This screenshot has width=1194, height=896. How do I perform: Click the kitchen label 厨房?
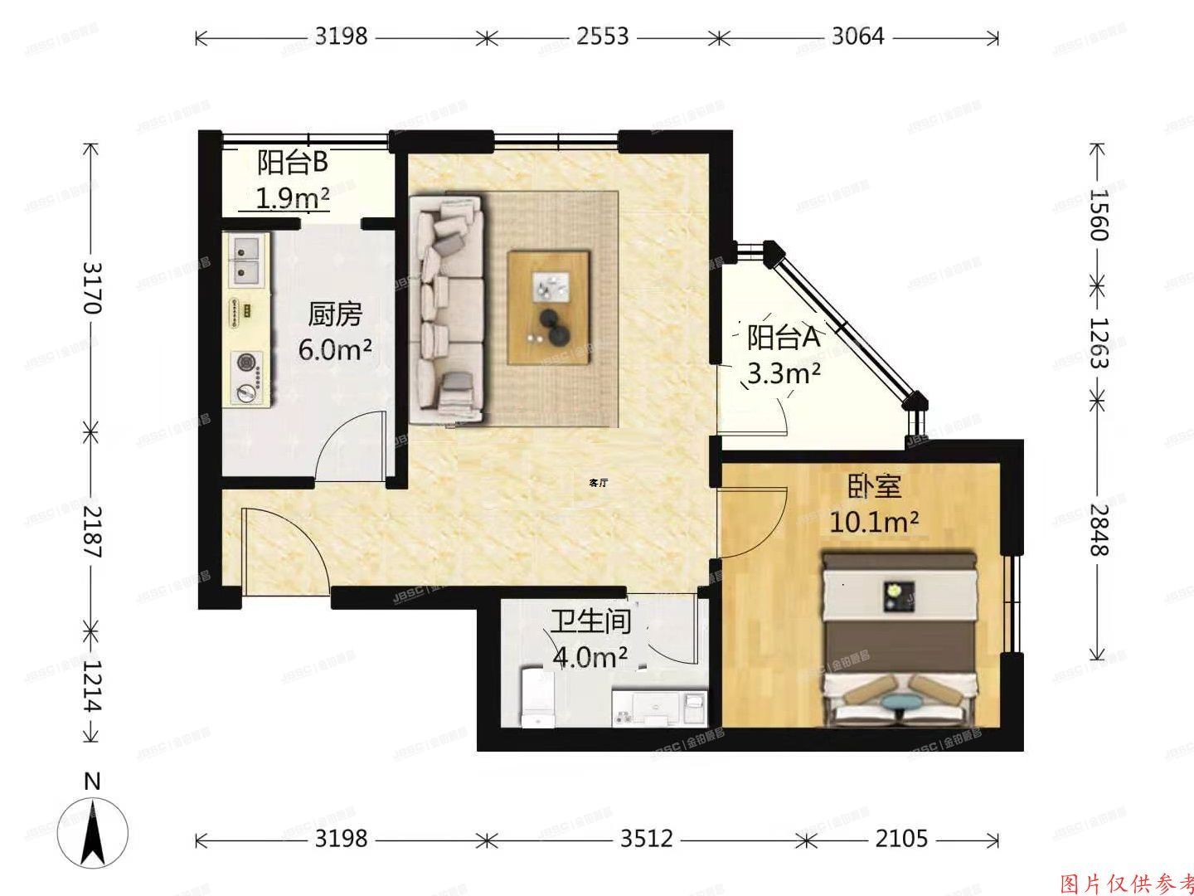coord(335,314)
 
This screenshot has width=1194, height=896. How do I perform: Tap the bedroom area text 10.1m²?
coord(874,522)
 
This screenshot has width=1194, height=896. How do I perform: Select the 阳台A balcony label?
coord(783,337)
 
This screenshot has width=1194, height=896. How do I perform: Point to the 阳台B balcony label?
coord(292,163)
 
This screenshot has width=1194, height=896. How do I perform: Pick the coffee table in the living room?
coord(549,307)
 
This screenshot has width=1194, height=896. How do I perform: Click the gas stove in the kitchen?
coord(246,377)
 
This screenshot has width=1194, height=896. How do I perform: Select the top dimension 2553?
coord(601,37)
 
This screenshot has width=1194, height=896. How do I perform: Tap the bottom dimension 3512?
coord(647,839)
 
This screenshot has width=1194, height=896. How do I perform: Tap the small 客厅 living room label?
coord(598,482)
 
